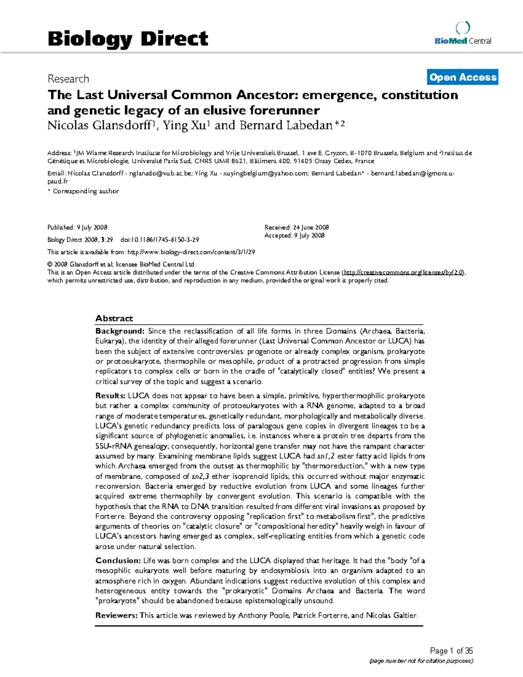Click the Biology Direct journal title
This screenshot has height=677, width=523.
pyautogui.click(x=128, y=39)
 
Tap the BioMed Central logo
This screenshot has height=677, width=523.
pyautogui.click(x=462, y=34)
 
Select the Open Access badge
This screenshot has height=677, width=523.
pyautogui.click(x=462, y=77)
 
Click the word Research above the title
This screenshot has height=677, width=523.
pyautogui.click(x=68, y=79)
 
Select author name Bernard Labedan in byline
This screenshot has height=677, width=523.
pyautogui.click(x=286, y=126)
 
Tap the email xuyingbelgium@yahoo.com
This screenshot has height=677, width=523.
pyautogui.click(x=265, y=173)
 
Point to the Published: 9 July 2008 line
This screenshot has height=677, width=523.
pyautogui.click(x=77, y=227)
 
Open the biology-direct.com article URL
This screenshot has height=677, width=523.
pyautogui.click(x=190, y=252)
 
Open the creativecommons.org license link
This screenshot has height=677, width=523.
pyautogui.click(x=404, y=272)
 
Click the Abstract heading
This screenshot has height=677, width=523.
pyautogui.click(x=114, y=318)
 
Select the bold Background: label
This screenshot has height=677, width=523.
pyautogui.click(x=120, y=331)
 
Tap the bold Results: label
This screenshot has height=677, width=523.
pyautogui.click(x=110, y=396)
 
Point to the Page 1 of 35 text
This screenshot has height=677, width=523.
pyautogui.click(x=451, y=651)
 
